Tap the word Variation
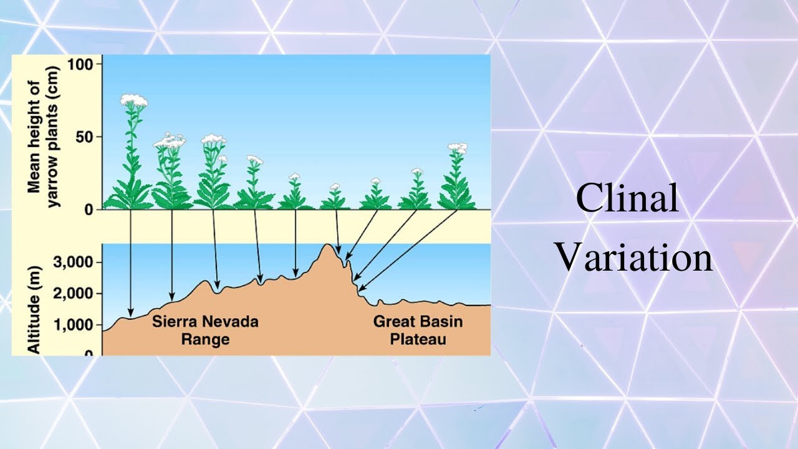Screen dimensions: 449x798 tap(633, 257)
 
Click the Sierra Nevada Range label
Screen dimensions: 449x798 tap(205, 331)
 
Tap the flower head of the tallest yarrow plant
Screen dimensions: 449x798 tap(133, 100)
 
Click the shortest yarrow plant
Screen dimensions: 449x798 tap(335, 198)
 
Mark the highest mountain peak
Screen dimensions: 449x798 tap(328, 245)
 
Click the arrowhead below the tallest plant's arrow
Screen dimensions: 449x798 tap(130, 313)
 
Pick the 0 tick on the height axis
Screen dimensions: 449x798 tap(89, 210)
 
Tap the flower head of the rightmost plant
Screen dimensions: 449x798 tap(458, 148)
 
